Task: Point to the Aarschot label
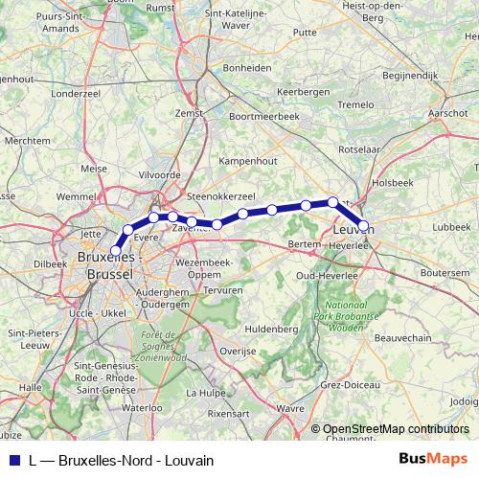click(x=448, y=112)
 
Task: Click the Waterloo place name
click(x=143, y=407)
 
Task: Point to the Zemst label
click(x=193, y=113)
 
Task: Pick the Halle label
click(x=32, y=386)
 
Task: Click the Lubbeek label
click(x=451, y=227)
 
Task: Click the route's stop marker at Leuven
click(x=364, y=227)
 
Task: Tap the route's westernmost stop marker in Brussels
click(x=116, y=251)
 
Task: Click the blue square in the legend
click(x=13, y=460)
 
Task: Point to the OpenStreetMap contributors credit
click(x=396, y=429)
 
